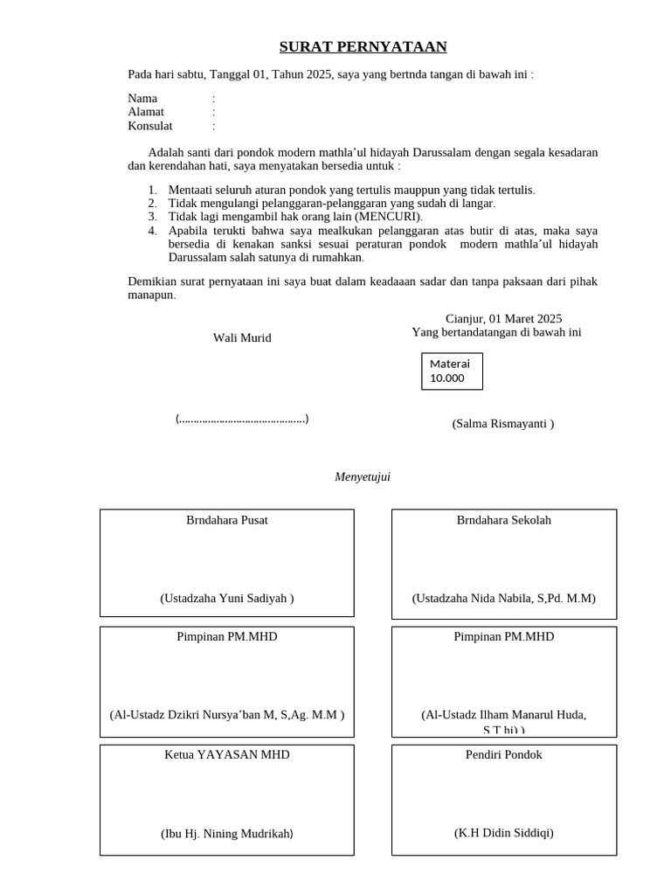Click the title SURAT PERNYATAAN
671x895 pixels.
[x=363, y=47]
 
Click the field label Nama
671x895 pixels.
[x=142, y=99]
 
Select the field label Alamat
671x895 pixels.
[x=146, y=112]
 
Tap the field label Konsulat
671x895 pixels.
[x=150, y=126]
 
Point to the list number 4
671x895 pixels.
[x=152, y=231]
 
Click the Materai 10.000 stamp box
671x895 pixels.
[x=452, y=371]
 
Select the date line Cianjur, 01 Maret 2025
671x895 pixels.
[x=503, y=319]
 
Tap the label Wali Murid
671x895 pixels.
[x=242, y=338]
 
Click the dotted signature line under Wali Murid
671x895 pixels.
[x=242, y=420]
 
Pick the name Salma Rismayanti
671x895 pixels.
[x=501, y=424]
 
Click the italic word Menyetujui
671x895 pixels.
[x=363, y=476]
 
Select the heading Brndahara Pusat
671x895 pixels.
[x=227, y=520]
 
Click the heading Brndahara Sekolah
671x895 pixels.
[x=504, y=520]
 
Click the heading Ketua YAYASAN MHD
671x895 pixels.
[x=227, y=754]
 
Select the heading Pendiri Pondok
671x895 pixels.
[x=504, y=754]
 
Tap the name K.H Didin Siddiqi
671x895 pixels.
[x=504, y=833]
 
